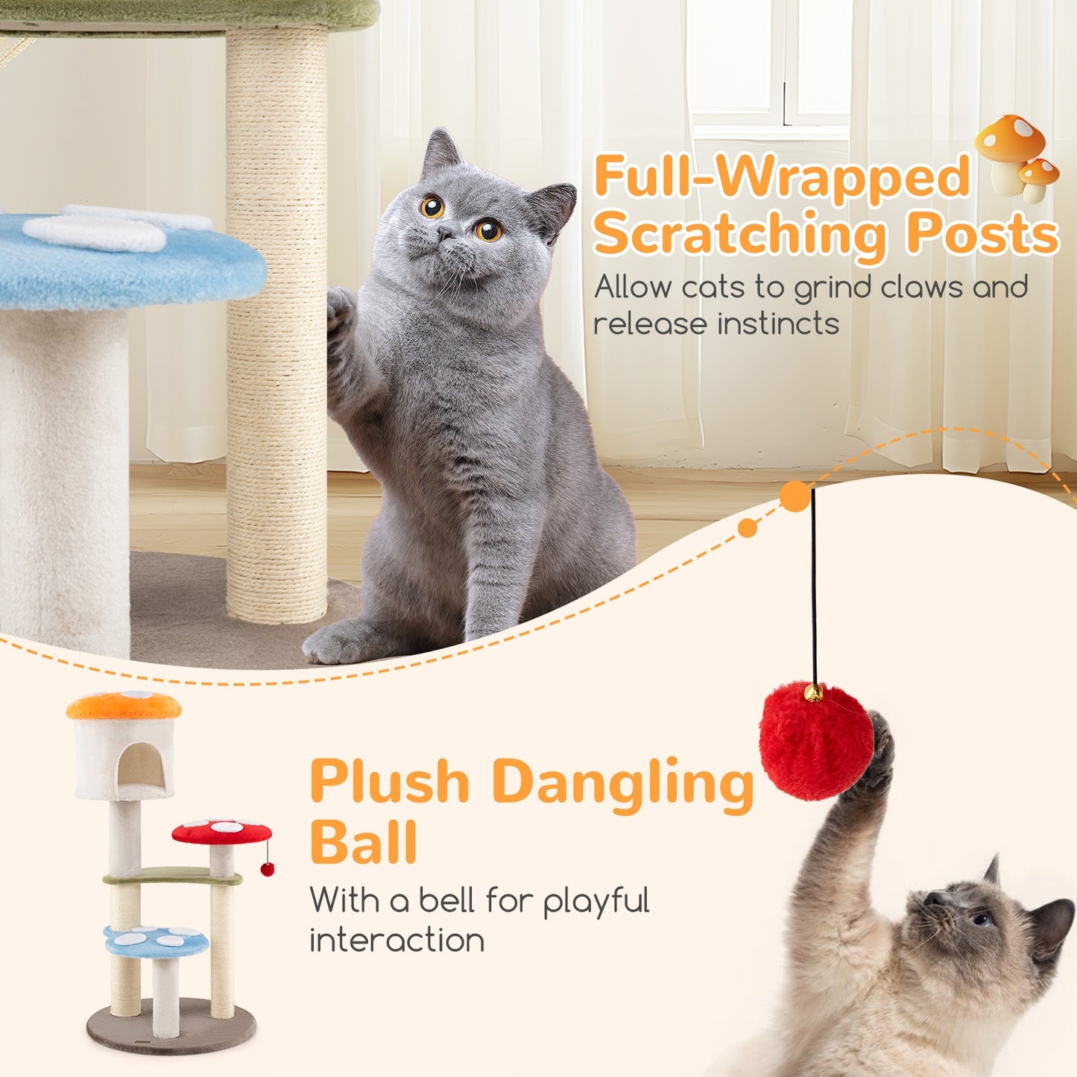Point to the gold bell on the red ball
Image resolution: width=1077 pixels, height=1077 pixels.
[x=814, y=693]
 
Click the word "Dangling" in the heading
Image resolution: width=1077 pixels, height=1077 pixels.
[x=623, y=783]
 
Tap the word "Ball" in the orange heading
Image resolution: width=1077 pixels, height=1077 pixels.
[x=363, y=843]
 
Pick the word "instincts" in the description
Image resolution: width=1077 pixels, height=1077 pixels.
[x=778, y=323]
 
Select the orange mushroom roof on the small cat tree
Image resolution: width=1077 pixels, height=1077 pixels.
[x=124, y=704]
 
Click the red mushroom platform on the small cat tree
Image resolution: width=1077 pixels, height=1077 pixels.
[x=221, y=831]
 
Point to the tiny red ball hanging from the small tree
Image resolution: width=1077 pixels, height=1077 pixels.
[x=268, y=868]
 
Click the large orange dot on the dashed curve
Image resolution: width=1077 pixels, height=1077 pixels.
[x=795, y=497]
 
